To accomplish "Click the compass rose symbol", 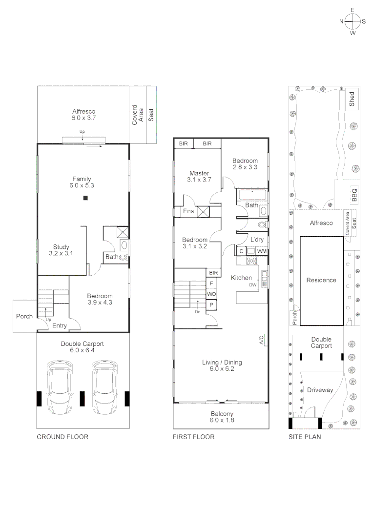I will tap(352, 21).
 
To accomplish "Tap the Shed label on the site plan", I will tap(352, 100).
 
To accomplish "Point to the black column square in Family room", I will tap(85, 198).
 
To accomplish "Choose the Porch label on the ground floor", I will tap(24, 316).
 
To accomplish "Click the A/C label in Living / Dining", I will tap(261, 340).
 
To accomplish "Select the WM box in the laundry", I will tap(262, 251).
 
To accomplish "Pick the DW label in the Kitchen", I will tap(252, 285).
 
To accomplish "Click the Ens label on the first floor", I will tap(188, 211).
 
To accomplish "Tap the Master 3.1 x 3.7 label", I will tap(199, 177).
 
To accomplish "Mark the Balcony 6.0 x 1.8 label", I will tap(222, 417).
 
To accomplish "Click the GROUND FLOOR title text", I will tap(62, 437).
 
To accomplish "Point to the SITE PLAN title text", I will tap(305, 437).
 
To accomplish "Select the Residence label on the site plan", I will tap(321, 280).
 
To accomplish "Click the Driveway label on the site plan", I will tap(320, 390).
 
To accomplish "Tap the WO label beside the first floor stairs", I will tap(211, 294).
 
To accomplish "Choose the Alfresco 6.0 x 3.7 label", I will tap(83, 114).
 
